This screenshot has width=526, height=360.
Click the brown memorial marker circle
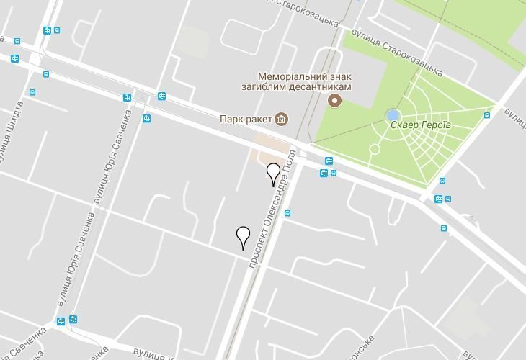tap(334, 100)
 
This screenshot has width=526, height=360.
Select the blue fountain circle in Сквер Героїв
tap(393, 115)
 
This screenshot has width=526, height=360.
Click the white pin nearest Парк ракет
tap(273, 174)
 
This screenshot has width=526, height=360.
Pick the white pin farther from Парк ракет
tap(243, 237)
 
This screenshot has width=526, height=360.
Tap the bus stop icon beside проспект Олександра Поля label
tap(287, 213)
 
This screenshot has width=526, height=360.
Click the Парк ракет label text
tap(246, 119)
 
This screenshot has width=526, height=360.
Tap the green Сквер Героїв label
tap(421, 125)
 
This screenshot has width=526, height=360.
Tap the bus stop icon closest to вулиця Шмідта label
tap(32, 92)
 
